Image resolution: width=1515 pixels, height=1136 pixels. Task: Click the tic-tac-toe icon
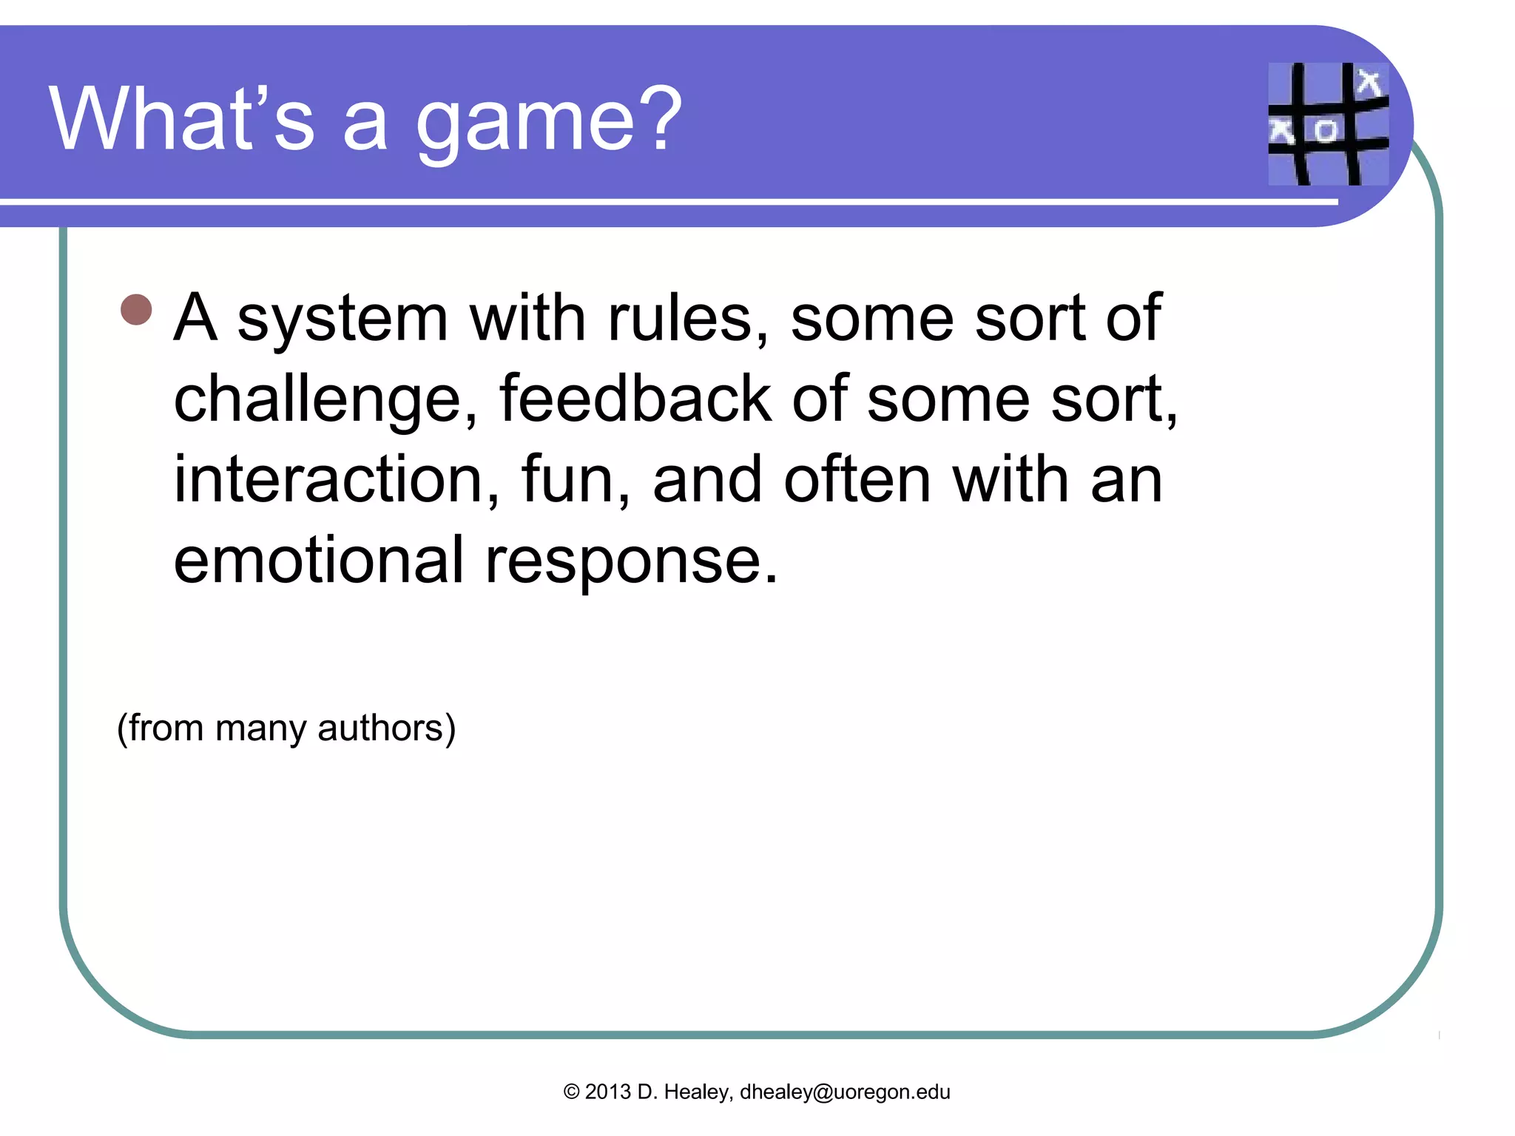(1328, 124)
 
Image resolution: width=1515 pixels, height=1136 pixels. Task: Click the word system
(343, 319)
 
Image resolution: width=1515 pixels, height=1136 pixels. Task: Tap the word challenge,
(325, 401)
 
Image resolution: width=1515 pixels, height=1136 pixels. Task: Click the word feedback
(635, 399)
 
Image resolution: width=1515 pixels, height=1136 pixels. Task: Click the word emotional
(318, 560)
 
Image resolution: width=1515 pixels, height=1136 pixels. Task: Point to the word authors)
(386, 728)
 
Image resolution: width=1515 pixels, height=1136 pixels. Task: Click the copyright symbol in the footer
(571, 1092)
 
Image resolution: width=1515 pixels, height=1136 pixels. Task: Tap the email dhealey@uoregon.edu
(845, 1092)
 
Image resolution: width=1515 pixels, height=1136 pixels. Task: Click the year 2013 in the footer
(607, 1092)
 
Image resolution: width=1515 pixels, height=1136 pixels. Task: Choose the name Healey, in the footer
(698, 1092)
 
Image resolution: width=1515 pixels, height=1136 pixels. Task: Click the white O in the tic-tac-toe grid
(1325, 131)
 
